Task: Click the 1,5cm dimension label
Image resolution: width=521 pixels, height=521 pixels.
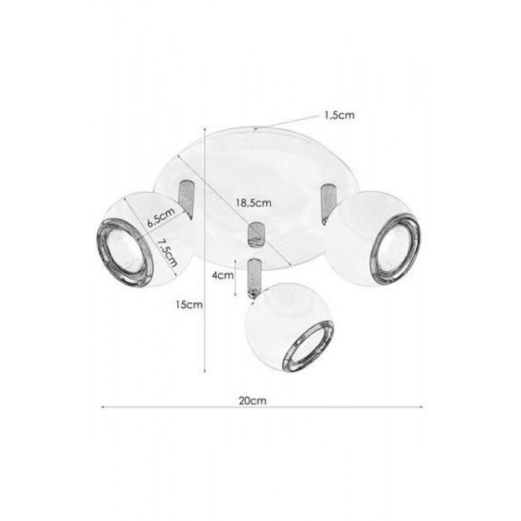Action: (339, 115)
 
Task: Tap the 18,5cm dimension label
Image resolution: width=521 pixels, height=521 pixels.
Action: (254, 202)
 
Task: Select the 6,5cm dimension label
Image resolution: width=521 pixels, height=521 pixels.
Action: (161, 217)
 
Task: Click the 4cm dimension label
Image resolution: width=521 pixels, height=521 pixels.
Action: (223, 275)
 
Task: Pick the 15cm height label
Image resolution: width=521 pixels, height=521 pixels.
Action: (189, 304)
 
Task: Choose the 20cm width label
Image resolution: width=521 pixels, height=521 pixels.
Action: (252, 400)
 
